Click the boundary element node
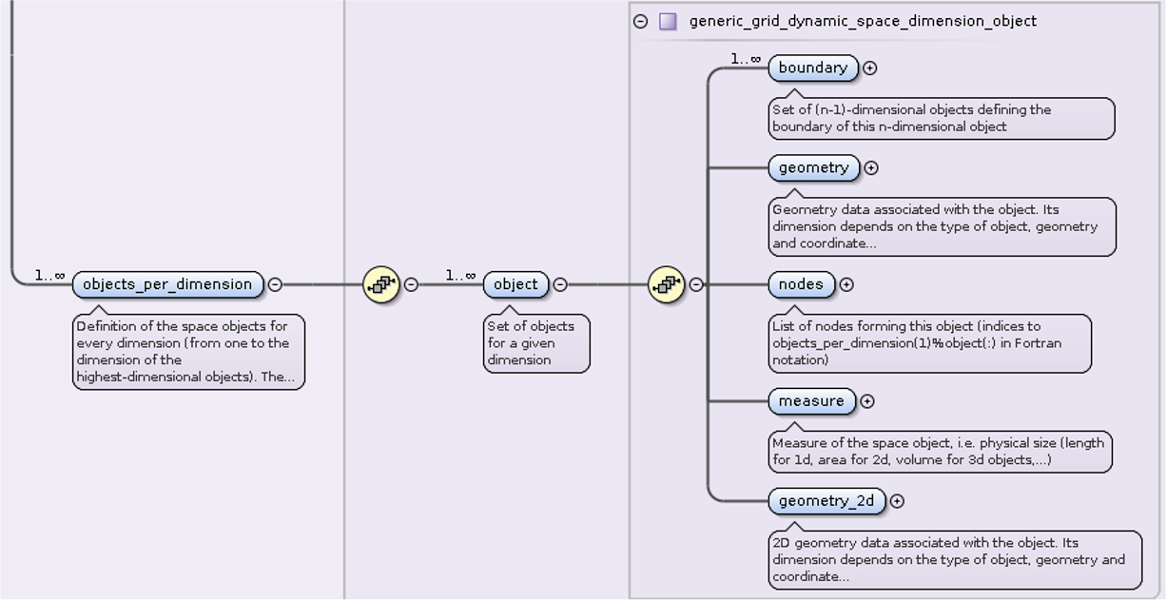812,68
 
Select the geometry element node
813,168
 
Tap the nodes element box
801,284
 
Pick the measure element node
811,401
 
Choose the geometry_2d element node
826,501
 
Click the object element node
515,284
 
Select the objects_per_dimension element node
167,284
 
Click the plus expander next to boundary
869,68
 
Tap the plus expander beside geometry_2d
897,501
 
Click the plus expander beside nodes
846,284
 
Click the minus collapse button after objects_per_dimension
275,284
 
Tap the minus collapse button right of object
560,284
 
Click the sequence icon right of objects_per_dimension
381,284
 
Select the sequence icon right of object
667,284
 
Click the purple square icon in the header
668,21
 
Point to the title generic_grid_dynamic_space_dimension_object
863,21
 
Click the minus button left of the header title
641,21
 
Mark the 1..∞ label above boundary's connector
746,59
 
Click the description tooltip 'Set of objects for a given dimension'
536,343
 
